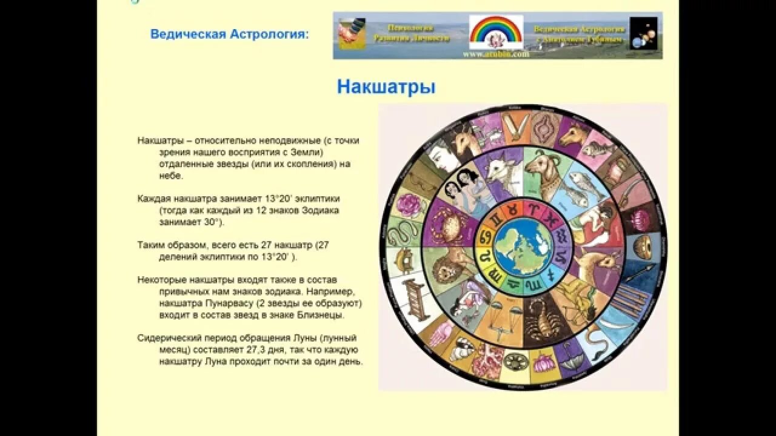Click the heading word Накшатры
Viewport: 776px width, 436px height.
coord(386,87)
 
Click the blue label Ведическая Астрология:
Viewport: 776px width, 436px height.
coord(229,34)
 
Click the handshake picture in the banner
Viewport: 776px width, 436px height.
coord(352,34)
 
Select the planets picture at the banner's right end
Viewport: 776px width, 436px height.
coord(643,33)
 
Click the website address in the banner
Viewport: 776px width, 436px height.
coord(496,54)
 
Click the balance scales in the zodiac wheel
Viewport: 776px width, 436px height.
coord(503,315)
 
